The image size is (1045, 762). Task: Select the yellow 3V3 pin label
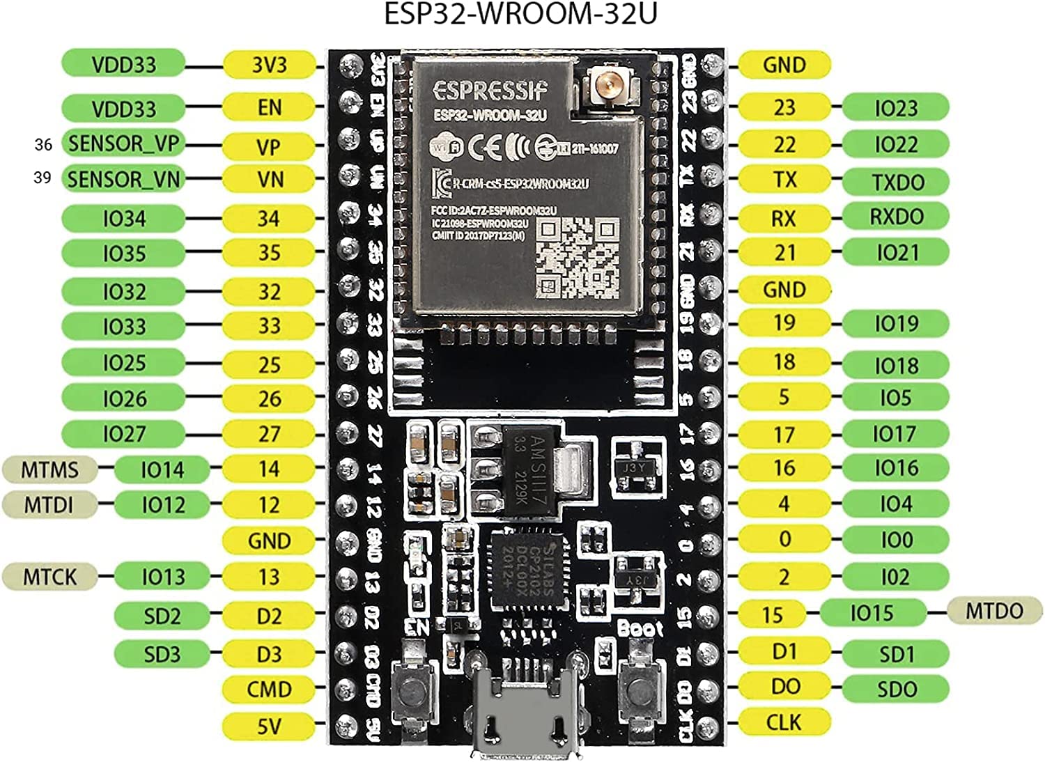click(x=269, y=65)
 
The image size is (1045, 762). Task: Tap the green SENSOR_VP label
click(x=124, y=143)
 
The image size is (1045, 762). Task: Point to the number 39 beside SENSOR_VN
click(x=42, y=178)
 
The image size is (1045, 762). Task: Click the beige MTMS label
click(x=49, y=469)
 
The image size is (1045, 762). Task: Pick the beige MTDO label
click(x=994, y=612)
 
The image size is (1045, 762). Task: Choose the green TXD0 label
click(x=897, y=182)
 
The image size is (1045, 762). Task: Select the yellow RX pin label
click(x=784, y=218)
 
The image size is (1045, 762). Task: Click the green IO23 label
click(x=896, y=108)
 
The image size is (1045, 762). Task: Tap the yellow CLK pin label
click(x=784, y=722)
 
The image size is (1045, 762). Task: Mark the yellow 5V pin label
click(x=269, y=726)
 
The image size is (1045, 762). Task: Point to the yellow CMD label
click(x=269, y=690)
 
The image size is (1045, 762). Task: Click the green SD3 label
click(x=162, y=654)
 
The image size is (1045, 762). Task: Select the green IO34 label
click(x=124, y=219)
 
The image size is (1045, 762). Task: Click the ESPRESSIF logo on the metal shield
click(x=490, y=91)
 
